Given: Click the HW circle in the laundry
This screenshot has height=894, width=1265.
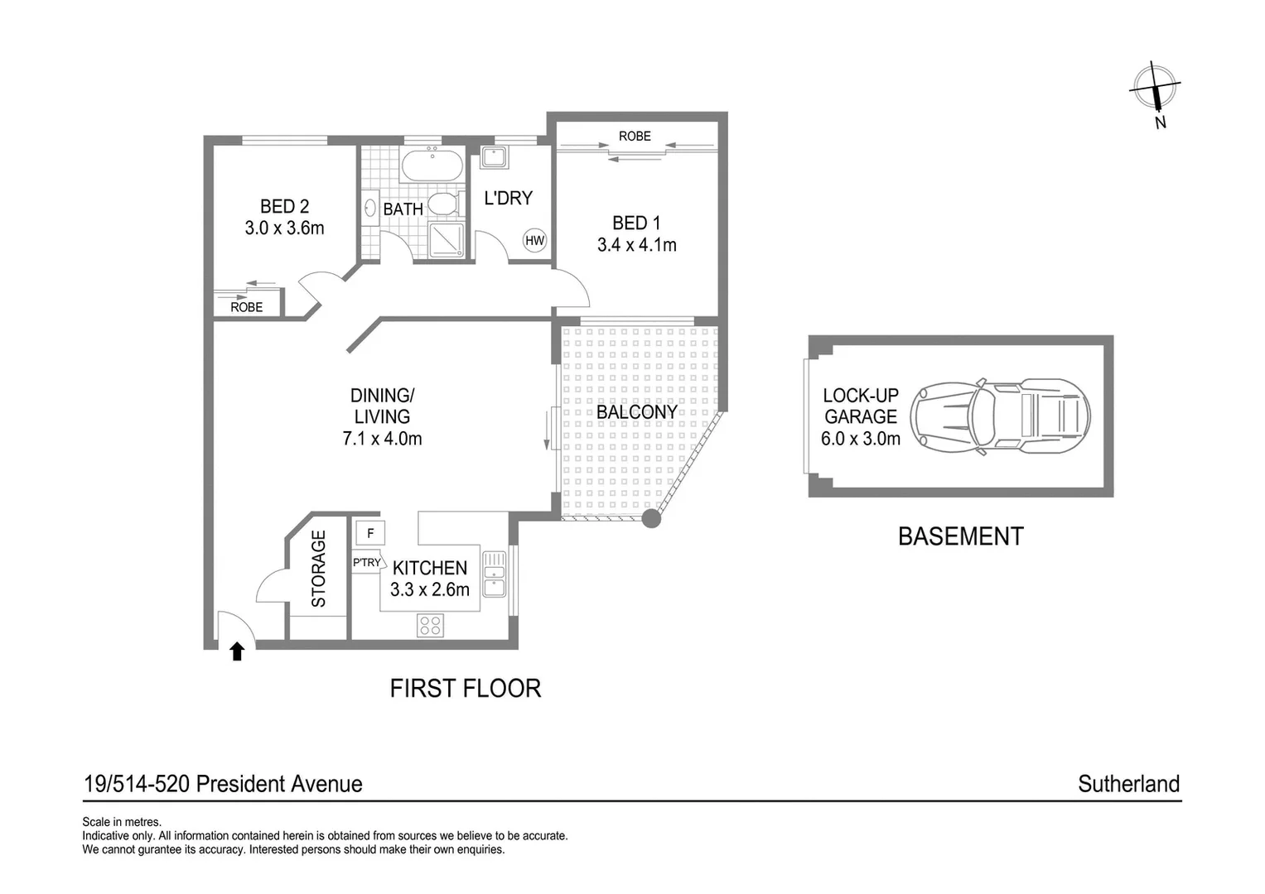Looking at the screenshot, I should (534, 241).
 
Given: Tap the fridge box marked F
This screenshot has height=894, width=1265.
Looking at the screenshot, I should (369, 533).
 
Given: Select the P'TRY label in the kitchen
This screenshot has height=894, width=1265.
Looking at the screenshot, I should (366, 563).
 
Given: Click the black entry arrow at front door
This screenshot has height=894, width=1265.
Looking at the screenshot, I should (237, 651).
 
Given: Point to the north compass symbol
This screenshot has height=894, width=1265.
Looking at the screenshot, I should (1156, 88).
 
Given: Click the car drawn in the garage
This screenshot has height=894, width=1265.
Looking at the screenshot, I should (1000, 416).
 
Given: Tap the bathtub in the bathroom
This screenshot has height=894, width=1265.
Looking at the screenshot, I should (432, 166).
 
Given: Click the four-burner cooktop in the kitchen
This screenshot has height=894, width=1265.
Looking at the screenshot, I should (430, 626).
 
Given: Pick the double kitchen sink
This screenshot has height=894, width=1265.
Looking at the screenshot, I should (494, 574).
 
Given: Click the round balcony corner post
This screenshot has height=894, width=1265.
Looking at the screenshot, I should (652, 519).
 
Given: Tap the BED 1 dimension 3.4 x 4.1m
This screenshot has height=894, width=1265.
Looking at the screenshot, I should (636, 245).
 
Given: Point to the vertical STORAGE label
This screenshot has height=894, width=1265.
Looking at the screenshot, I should (318, 569).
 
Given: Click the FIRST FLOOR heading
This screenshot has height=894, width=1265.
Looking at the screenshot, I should (465, 688).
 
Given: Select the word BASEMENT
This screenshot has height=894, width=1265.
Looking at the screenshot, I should (960, 536).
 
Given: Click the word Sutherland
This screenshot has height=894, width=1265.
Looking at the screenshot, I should (1127, 784).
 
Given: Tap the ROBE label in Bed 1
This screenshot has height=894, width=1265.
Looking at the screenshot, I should (635, 136).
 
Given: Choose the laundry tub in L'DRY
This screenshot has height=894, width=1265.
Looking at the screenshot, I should (495, 157).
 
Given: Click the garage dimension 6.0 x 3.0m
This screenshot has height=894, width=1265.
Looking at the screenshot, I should (860, 439).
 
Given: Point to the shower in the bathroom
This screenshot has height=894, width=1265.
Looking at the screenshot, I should (447, 240).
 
